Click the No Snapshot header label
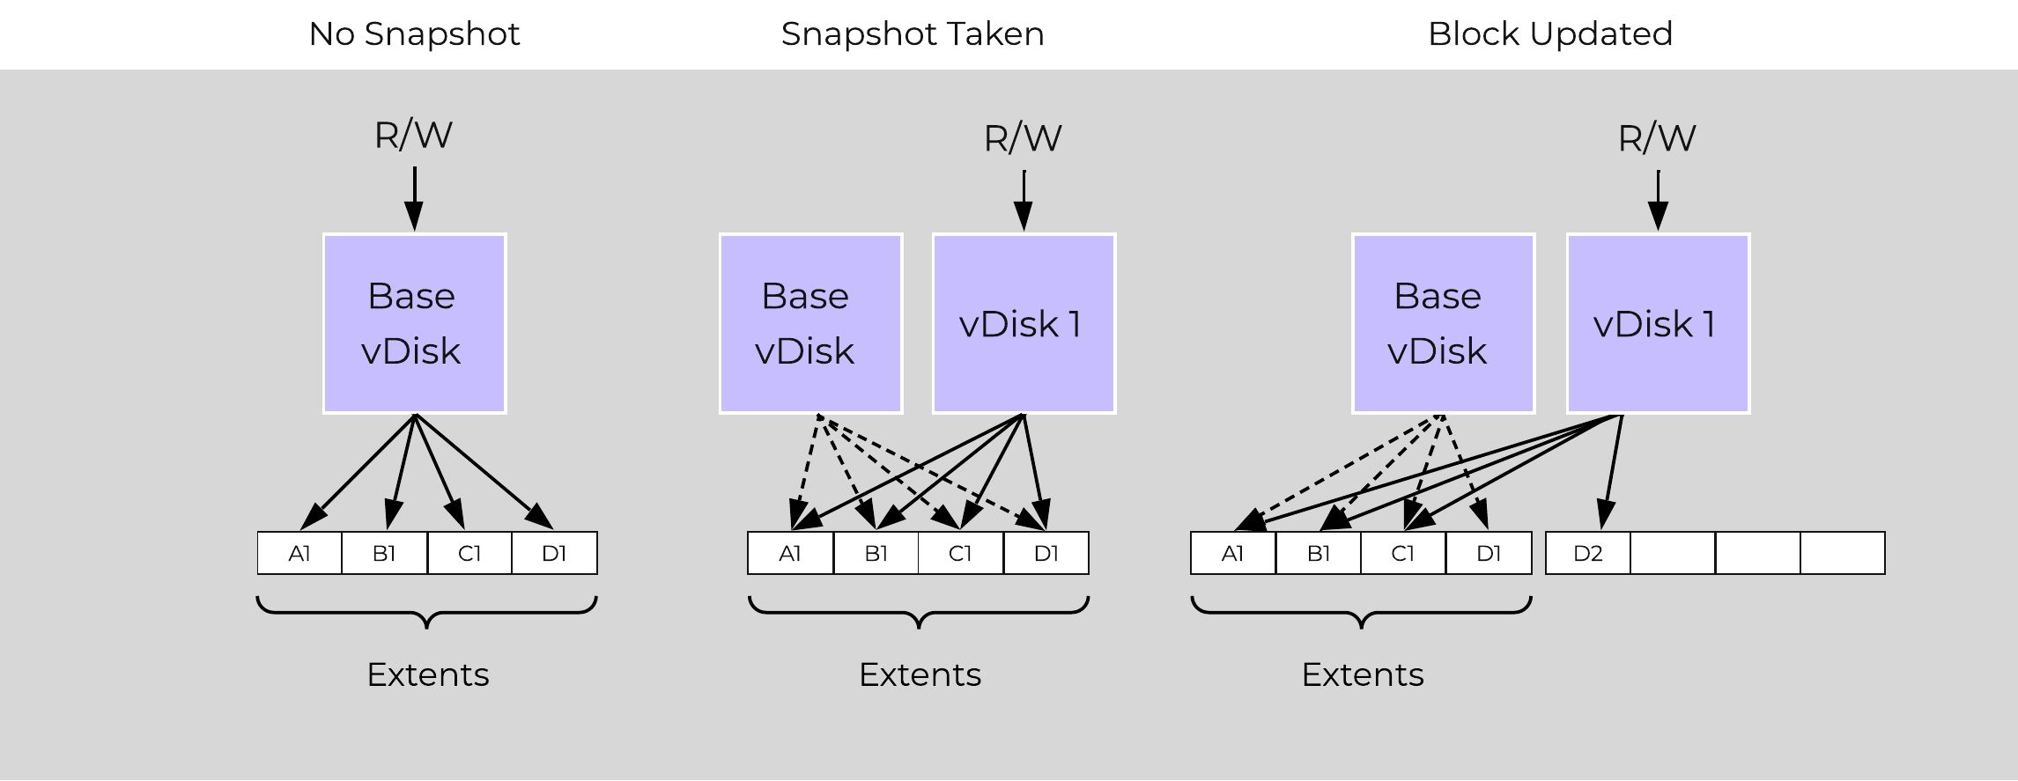(x=414, y=34)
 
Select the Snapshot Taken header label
(x=912, y=34)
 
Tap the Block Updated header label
(x=1549, y=34)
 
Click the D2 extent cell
(x=1587, y=554)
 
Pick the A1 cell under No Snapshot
(x=299, y=554)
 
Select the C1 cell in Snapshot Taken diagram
(x=960, y=554)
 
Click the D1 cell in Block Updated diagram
(x=1489, y=554)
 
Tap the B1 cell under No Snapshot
(x=384, y=554)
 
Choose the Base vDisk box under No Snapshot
(x=414, y=323)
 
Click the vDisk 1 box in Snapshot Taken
(x=1024, y=323)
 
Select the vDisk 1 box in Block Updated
(x=1658, y=323)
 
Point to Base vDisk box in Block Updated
(x=1443, y=323)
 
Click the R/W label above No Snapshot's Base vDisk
(x=413, y=136)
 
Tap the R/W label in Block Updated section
(x=1657, y=138)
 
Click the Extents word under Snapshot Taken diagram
(x=920, y=674)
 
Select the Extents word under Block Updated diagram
(x=1362, y=674)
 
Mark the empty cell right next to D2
(x=1672, y=554)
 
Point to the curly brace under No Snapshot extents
(x=427, y=611)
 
